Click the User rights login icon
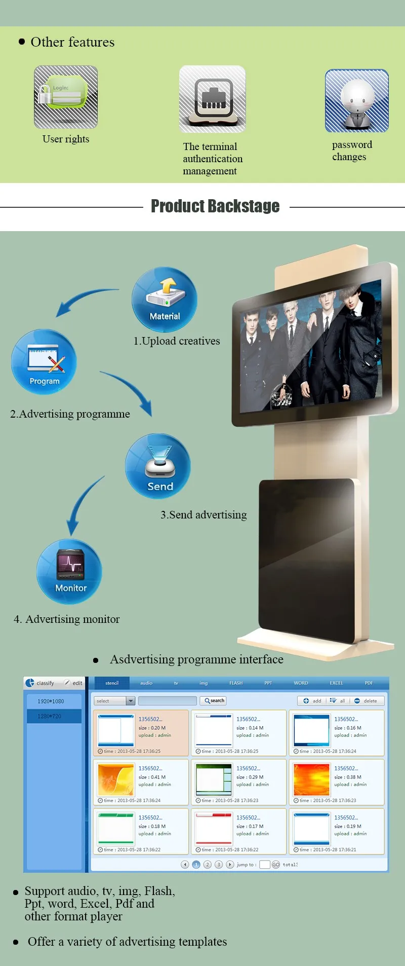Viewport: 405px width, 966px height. coord(66,96)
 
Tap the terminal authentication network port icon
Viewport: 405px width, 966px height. coord(213,99)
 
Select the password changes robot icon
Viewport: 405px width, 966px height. coord(357,101)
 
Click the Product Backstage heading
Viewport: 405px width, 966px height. coord(215,206)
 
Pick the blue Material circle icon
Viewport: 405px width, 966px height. coord(165,300)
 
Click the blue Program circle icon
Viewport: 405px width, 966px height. coord(44,362)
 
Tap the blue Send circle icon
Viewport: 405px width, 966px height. coord(158,466)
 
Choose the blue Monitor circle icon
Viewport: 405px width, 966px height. coord(69,571)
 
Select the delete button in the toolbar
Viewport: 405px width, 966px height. coord(367,701)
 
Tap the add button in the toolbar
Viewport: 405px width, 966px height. coord(312,701)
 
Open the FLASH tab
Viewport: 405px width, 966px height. coord(236,683)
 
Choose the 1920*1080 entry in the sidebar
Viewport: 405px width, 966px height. coord(51,701)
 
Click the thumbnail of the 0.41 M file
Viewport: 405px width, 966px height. coord(116,779)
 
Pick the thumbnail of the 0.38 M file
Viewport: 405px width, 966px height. coord(311,779)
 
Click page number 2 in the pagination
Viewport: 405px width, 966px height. coord(208,865)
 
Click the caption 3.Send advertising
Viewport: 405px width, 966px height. coord(204,515)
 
